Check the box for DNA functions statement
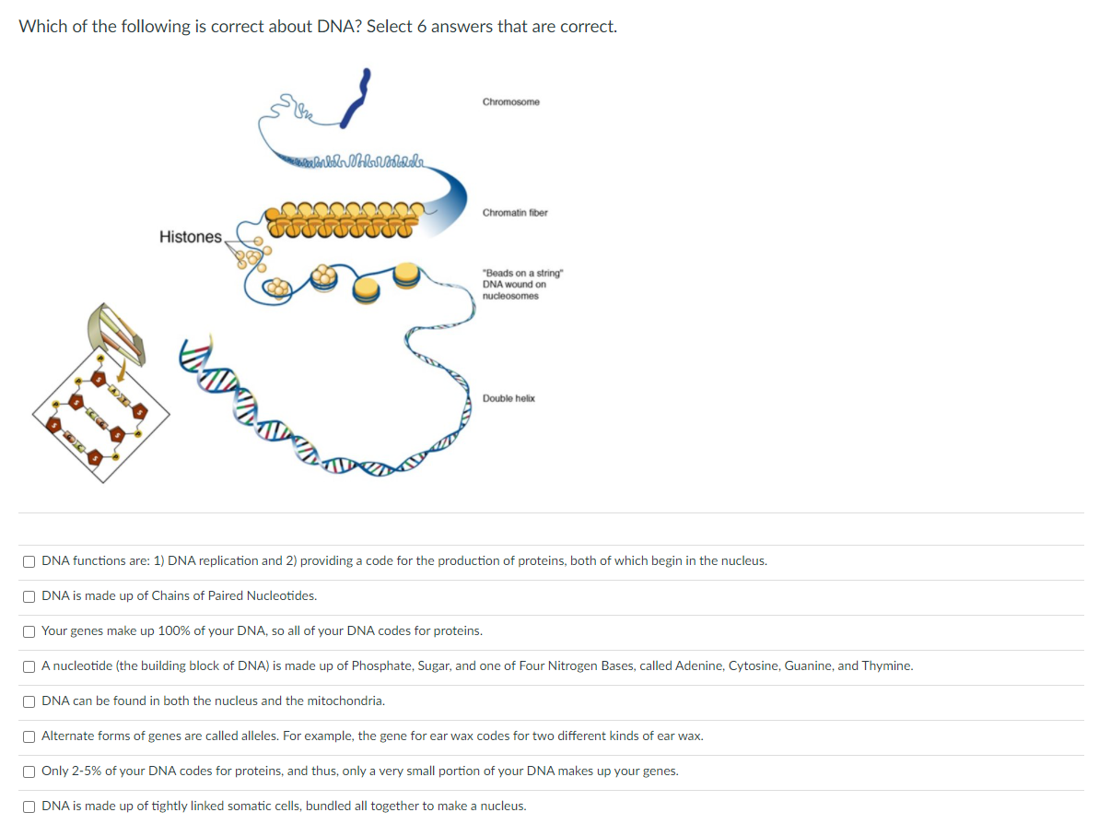click(30, 561)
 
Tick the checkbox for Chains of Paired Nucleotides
click(30, 596)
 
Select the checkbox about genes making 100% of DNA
click(30, 631)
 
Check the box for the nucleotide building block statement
click(30, 666)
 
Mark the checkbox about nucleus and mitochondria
click(30, 701)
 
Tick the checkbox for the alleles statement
click(30, 736)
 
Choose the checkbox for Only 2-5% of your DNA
click(30, 771)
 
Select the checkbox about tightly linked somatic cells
click(30, 807)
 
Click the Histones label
click(190, 237)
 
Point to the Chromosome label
click(510, 101)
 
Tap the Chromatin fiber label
click(514, 213)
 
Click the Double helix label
click(508, 398)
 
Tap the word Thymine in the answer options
click(886, 665)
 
